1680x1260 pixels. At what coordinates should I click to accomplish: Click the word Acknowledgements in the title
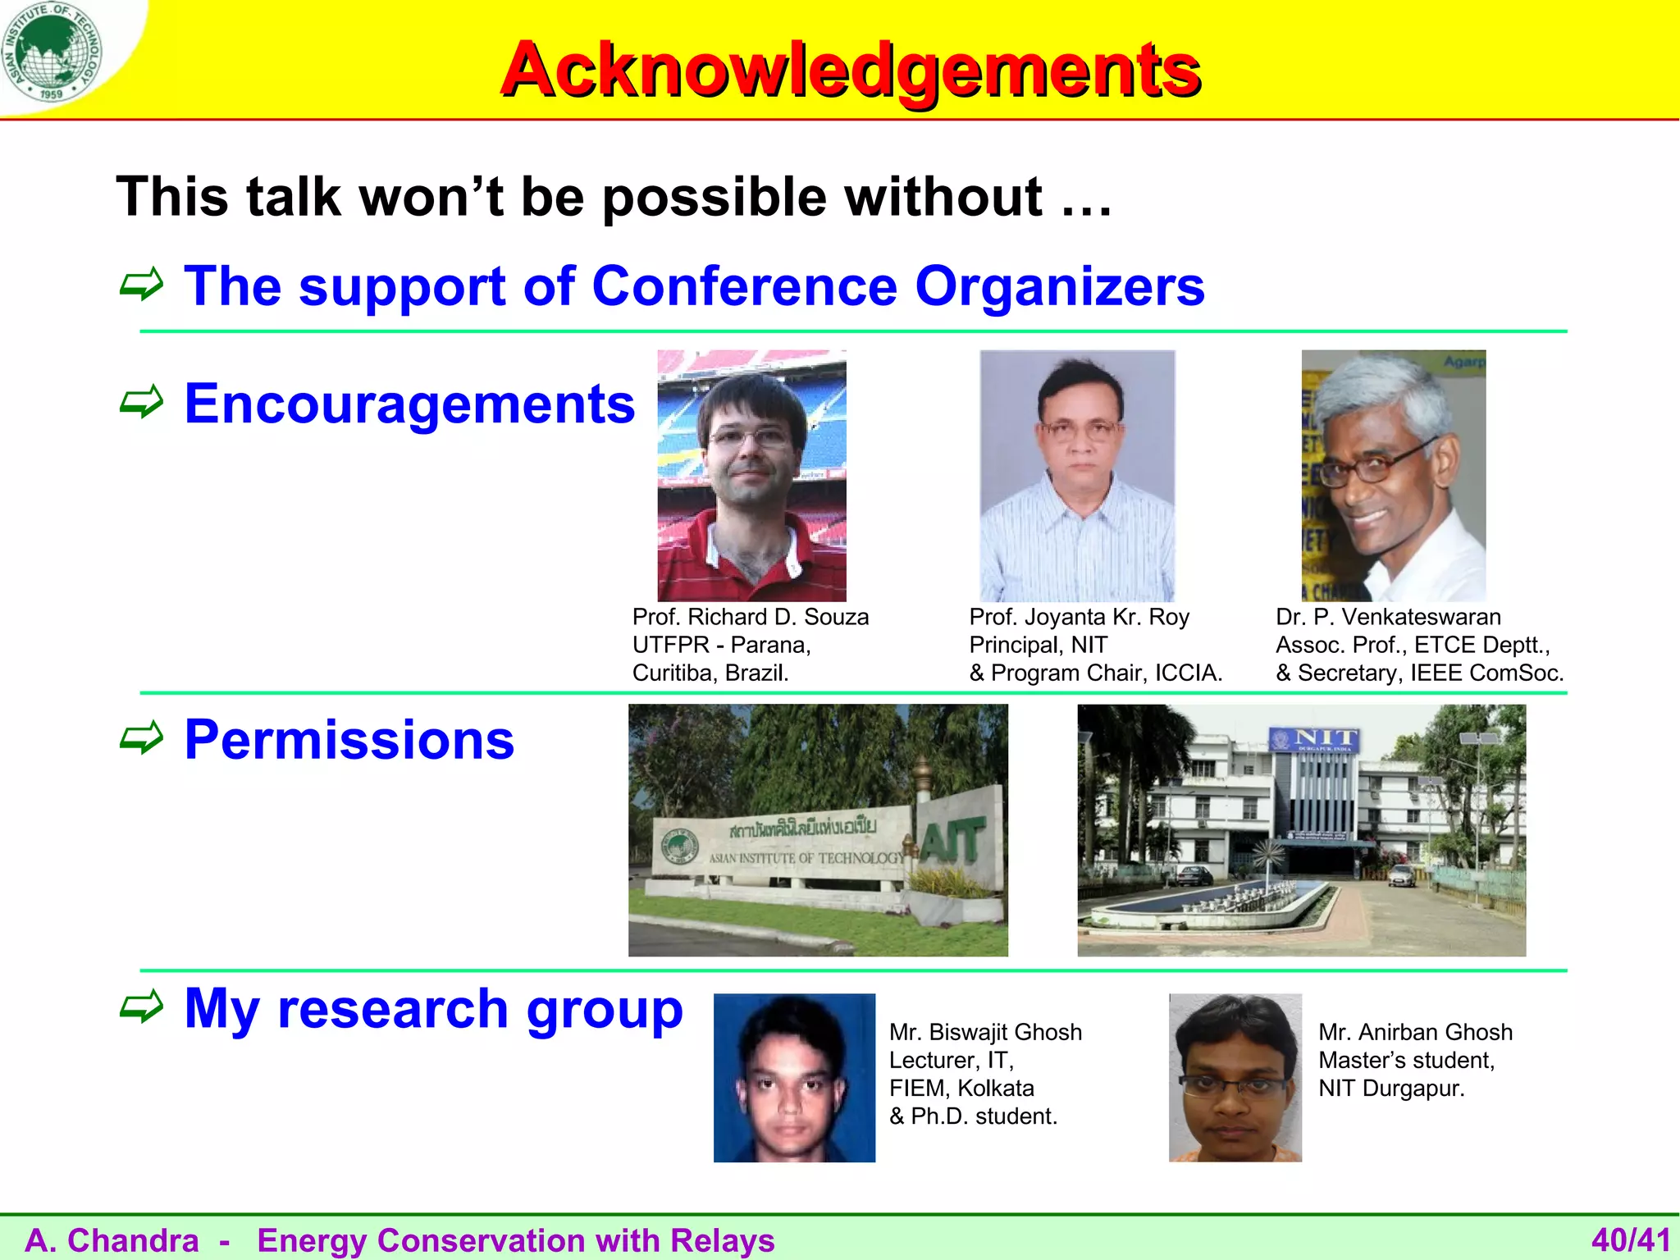tap(851, 69)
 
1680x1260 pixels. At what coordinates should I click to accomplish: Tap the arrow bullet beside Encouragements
tap(141, 402)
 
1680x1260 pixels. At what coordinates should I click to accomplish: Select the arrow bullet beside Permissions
tap(141, 738)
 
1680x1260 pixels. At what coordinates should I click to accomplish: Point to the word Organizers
tap(1059, 286)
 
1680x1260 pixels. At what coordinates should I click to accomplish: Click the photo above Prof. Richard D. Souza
tap(751, 476)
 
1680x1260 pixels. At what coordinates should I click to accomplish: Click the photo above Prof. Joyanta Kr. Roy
tap(1077, 476)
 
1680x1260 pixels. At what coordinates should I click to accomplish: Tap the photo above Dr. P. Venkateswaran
tap(1393, 476)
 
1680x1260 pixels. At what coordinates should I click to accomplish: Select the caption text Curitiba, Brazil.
tap(710, 673)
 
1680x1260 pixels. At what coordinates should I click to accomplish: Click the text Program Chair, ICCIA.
tap(1105, 673)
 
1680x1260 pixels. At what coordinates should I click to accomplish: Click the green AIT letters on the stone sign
tap(952, 840)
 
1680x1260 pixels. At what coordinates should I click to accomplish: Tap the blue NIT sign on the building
tap(1314, 740)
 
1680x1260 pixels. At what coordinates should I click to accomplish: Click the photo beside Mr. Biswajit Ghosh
tap(794, 1078)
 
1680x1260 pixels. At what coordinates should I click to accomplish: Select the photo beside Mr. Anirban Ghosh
tap(1235, 1078)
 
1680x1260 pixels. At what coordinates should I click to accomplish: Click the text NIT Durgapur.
tap(1391, 1089)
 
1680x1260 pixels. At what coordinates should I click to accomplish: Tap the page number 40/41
tap(1631, 1239)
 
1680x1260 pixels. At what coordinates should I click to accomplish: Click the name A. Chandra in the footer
tap(112, 1240)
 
